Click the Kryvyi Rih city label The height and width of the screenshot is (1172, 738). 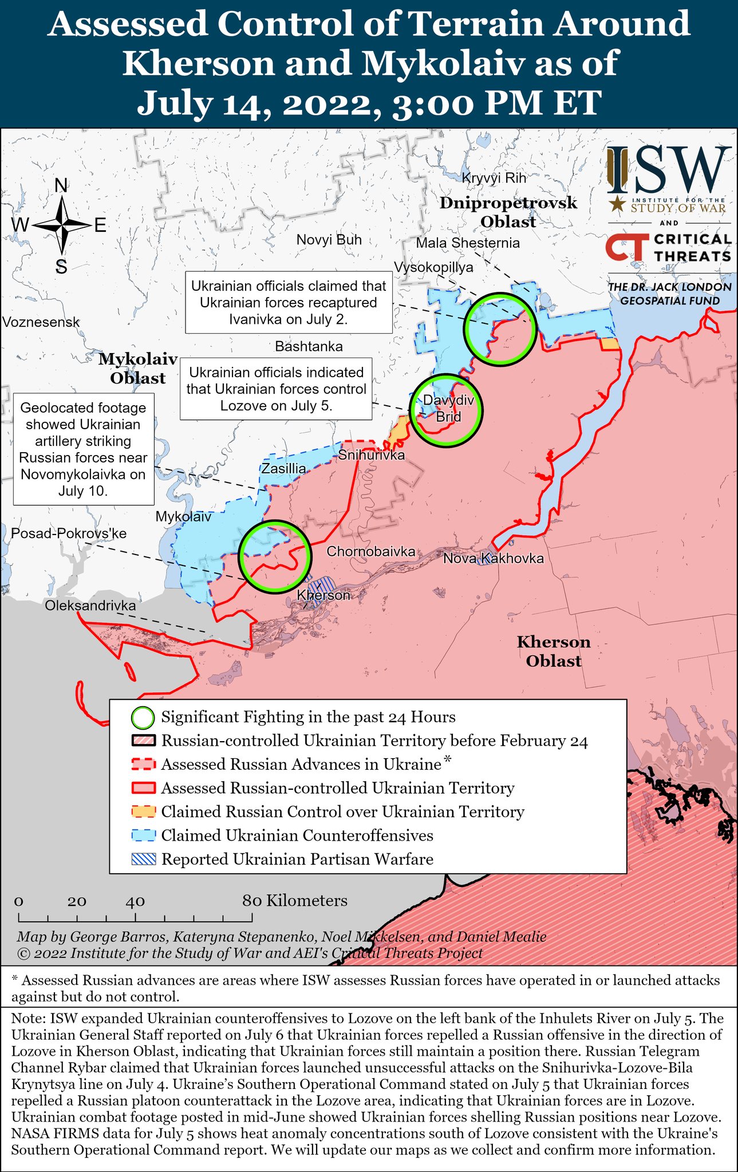pyautogui.click(x=494, y=178)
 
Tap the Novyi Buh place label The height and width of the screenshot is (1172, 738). pyautogui.click(x=329, y=240)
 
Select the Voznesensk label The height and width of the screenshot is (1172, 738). pyautogui.click(x=41, y=322)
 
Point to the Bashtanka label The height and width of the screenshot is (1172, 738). pyautogui.click(x=309, y=346)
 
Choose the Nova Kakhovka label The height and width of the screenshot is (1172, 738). pyautogui.click(x=493, y=558)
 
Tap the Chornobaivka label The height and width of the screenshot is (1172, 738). pyautogui.click(x=370, y=552)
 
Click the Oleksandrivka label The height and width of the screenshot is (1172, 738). pyautogui.click(x=90, y=605)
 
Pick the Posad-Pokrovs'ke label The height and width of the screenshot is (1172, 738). pyautogui.click(x=69, y=533)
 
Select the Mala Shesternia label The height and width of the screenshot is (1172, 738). pyautogui.click(x=468, y=243)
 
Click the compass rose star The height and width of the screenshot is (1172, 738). pyautogui.click(x=61, y=225)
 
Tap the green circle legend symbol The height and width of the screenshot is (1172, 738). pyautogui.click(x=143, y=717)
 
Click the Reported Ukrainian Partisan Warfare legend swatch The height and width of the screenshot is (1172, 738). pyautogui.click(x=143, y=859)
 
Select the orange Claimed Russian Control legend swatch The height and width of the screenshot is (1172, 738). pyautogui.click(x=143, y=811)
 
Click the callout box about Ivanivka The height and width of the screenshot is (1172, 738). pyautogui.click(x=288, y=302)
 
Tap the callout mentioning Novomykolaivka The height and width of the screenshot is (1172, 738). pyautogui.click(x=83, y=449)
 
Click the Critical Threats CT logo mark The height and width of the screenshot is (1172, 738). pyautogui.click(x=626, y=247)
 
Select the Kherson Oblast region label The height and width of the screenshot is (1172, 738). pyautogui.click(x=553, y=651)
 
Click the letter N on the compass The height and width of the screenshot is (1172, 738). pyautogui.click(x=61, y=185)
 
